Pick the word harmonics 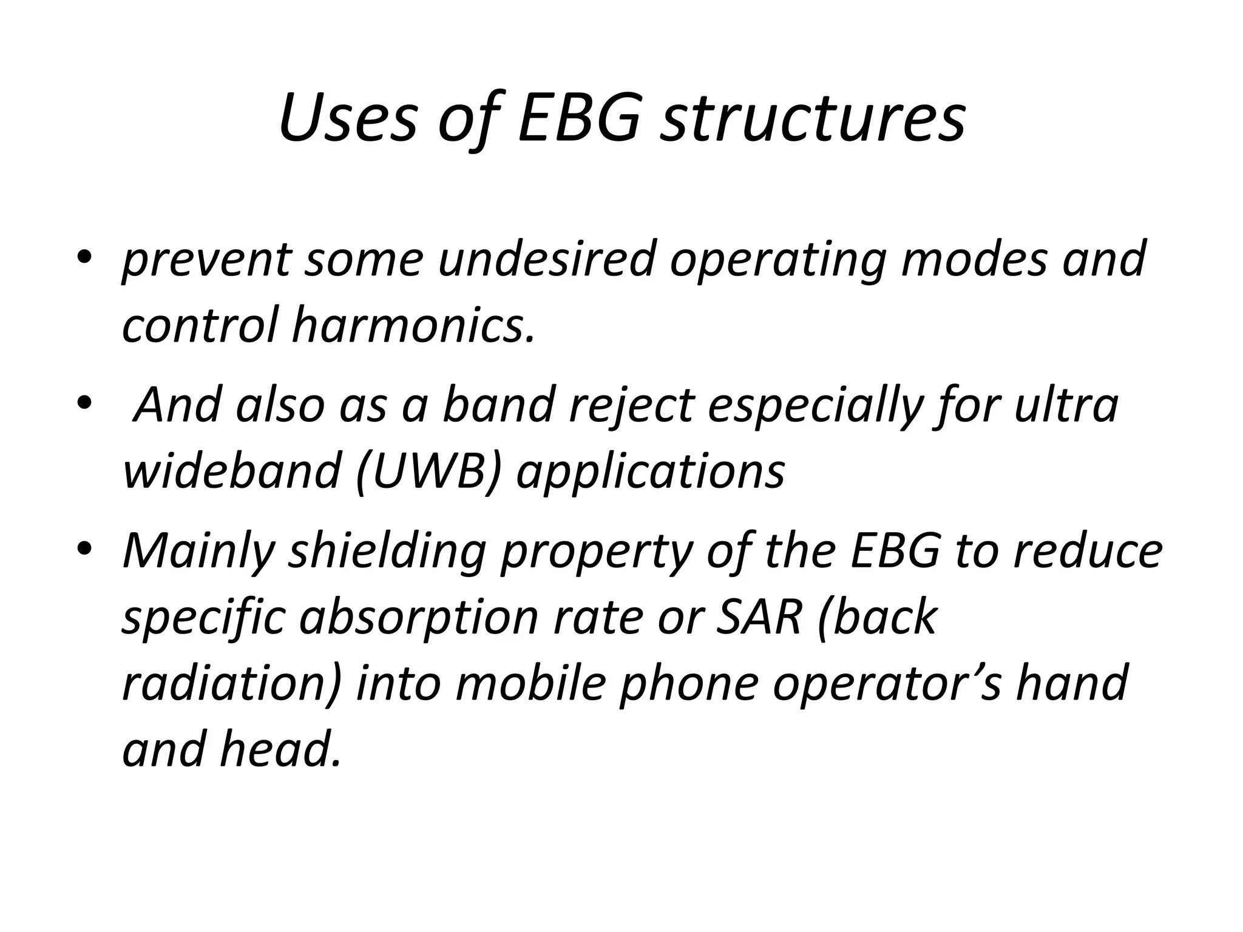[413, 325]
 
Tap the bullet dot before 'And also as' [85, 402]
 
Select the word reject [631, 405]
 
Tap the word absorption [418, 618]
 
